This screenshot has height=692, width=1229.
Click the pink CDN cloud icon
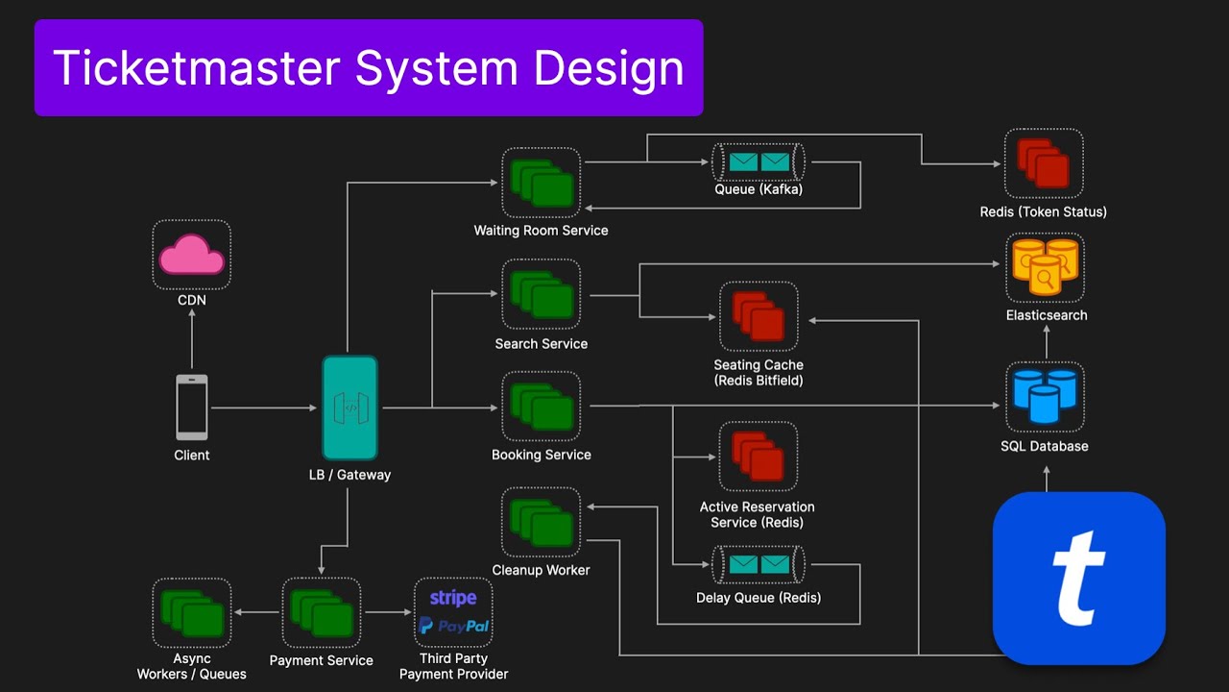191,255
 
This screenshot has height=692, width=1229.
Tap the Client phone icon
191,408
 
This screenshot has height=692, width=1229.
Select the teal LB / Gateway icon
349,408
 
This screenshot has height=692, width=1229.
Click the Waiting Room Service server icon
541,183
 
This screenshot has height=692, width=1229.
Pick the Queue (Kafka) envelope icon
758,161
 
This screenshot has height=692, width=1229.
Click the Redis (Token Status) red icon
1044,163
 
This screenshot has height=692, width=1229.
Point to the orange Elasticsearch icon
1045,266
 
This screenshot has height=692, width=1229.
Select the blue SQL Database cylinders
1045,396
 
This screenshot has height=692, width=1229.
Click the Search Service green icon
541,294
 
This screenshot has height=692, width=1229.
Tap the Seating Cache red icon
759,316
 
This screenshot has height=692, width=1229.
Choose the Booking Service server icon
541,407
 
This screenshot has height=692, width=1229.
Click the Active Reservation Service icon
759,457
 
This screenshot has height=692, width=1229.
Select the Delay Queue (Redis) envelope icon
758,565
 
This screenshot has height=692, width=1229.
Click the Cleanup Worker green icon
541,522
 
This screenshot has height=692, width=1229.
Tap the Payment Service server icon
321,612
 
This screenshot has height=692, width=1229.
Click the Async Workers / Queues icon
191,612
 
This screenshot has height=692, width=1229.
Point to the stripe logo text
453,598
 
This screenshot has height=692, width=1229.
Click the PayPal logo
453,626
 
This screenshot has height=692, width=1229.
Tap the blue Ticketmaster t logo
1078,578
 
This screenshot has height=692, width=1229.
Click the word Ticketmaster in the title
197,68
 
